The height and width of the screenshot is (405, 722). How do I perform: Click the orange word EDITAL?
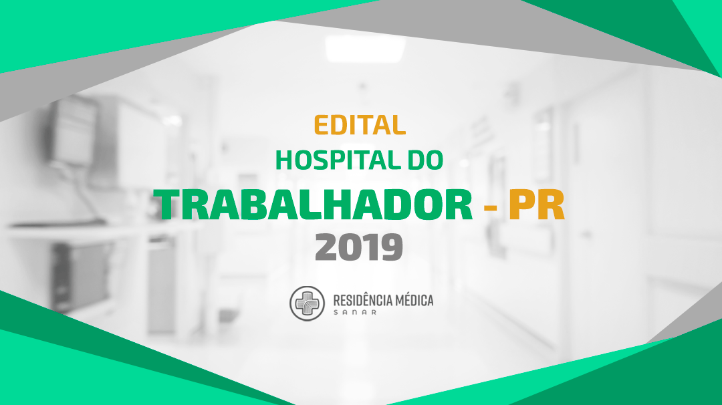coord(360,125)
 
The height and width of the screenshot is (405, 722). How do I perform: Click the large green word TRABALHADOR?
coord(313,205)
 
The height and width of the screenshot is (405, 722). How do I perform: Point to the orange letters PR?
coord(536,205)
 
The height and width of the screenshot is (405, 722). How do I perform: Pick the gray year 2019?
coord(359,247)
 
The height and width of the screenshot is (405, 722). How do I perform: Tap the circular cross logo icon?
coord(307,303)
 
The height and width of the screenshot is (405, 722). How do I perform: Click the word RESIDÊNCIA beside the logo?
coord(362,301)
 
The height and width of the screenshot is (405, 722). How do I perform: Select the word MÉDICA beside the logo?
coord(414,301)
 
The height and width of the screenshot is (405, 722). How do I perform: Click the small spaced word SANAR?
coord(355,313)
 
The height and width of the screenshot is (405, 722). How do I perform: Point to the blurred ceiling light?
coord(365,48)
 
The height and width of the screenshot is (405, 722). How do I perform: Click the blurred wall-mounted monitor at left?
coord(74,131)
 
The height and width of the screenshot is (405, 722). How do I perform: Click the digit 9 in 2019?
coord(391,247)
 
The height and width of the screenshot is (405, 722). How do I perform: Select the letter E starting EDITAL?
coord(322,125)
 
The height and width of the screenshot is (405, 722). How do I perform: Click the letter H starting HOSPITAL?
coord(284,160)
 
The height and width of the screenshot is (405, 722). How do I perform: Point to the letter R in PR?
coord(552,205)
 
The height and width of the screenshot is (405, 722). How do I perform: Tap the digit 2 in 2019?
coord(326,247)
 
